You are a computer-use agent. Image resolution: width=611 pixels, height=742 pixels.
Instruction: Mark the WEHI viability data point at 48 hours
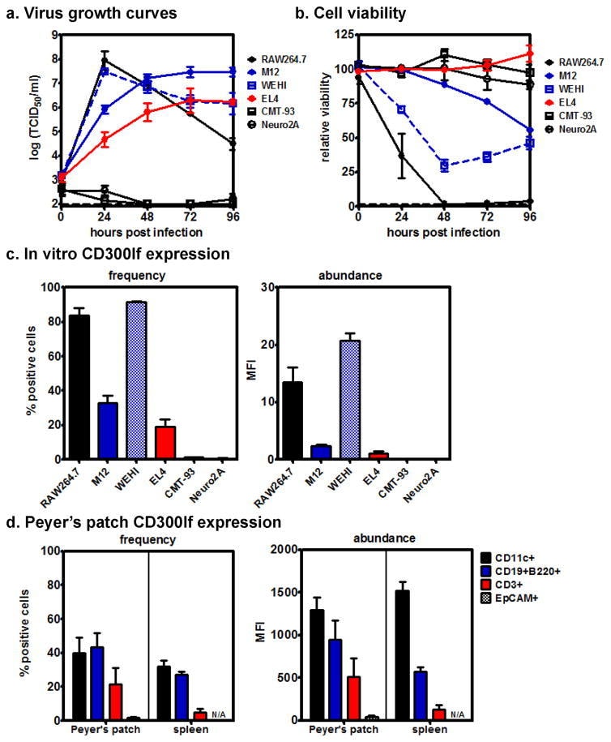pos(445,165)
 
